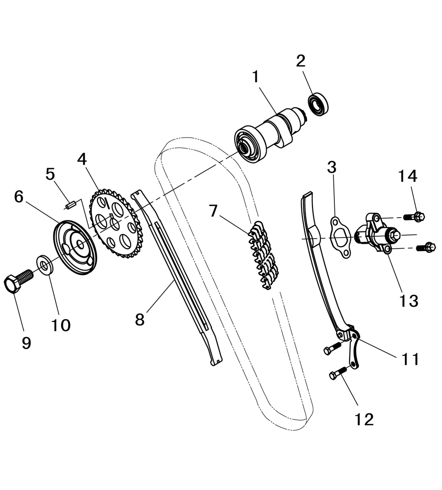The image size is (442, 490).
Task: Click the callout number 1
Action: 256,77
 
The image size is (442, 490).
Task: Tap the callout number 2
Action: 301,61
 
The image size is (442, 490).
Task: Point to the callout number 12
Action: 364,420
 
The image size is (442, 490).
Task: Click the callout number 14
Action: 408,176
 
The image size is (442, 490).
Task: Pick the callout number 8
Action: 140,320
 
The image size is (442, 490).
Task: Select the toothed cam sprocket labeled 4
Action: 116,223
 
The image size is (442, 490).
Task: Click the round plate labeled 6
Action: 75,247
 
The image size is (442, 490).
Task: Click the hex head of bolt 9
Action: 12,284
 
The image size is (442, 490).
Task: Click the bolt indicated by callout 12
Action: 338,373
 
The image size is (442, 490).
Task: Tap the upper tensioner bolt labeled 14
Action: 414,216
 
